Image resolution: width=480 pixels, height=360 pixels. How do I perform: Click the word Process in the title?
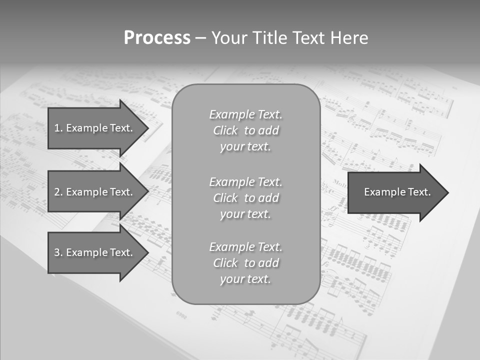157,38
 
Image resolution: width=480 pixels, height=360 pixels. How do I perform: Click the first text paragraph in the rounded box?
245,130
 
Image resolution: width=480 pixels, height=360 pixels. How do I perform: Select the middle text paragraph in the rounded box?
245,198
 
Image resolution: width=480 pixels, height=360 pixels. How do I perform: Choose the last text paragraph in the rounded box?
245,263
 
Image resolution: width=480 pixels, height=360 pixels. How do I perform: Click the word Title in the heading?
270,38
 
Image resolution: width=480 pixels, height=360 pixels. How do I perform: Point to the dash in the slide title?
200,38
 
